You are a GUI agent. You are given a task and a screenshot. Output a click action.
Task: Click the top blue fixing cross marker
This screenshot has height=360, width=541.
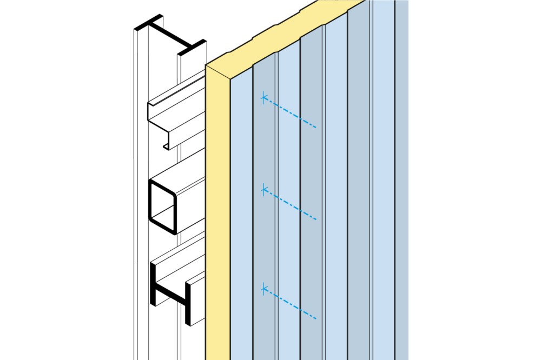pyautogui.click(x=263, y=98)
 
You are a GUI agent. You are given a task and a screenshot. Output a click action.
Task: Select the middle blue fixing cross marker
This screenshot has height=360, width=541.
pyautogui.click(x=263, y=189)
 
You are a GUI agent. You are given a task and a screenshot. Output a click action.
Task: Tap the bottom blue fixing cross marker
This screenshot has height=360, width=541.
pyautogui.click(x=263, y=290)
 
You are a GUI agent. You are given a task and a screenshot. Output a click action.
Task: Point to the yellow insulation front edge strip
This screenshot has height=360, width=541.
pyautogui.click(x=218, y=216)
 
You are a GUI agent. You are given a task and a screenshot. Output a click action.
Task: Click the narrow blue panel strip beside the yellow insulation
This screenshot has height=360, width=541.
pyautogui.click(x=241, y=216)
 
